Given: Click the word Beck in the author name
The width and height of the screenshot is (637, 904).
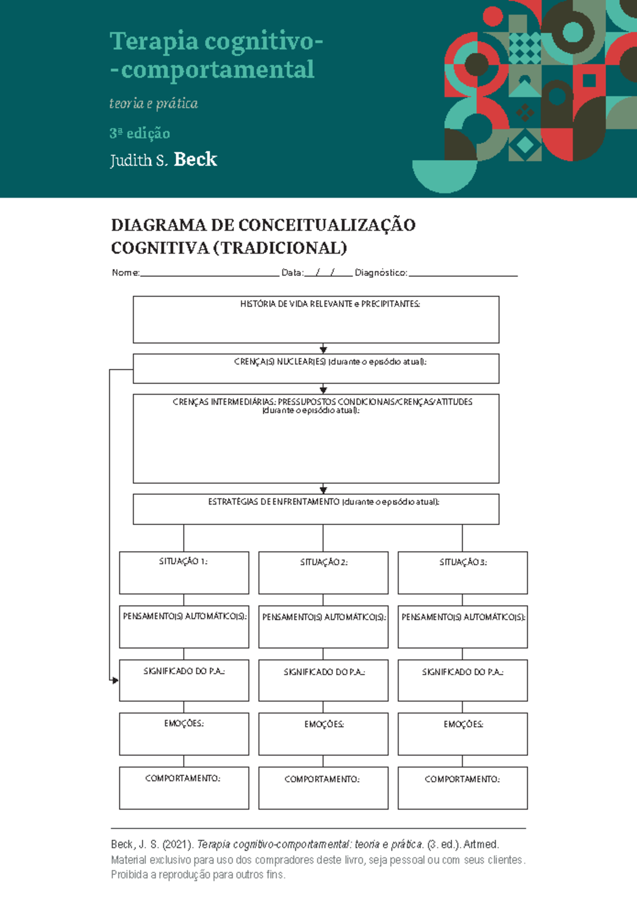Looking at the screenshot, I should pos(195,159).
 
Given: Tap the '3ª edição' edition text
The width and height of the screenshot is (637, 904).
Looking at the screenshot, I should pos(140,133).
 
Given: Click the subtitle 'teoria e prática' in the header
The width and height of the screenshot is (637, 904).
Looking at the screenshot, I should pos(153,103).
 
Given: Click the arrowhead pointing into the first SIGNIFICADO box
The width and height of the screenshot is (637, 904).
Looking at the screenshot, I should pos(115,680).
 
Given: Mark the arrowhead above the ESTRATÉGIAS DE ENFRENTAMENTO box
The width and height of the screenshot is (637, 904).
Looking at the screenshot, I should pos(323,490).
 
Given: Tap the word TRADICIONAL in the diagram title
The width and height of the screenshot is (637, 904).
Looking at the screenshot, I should pos(280,248).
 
